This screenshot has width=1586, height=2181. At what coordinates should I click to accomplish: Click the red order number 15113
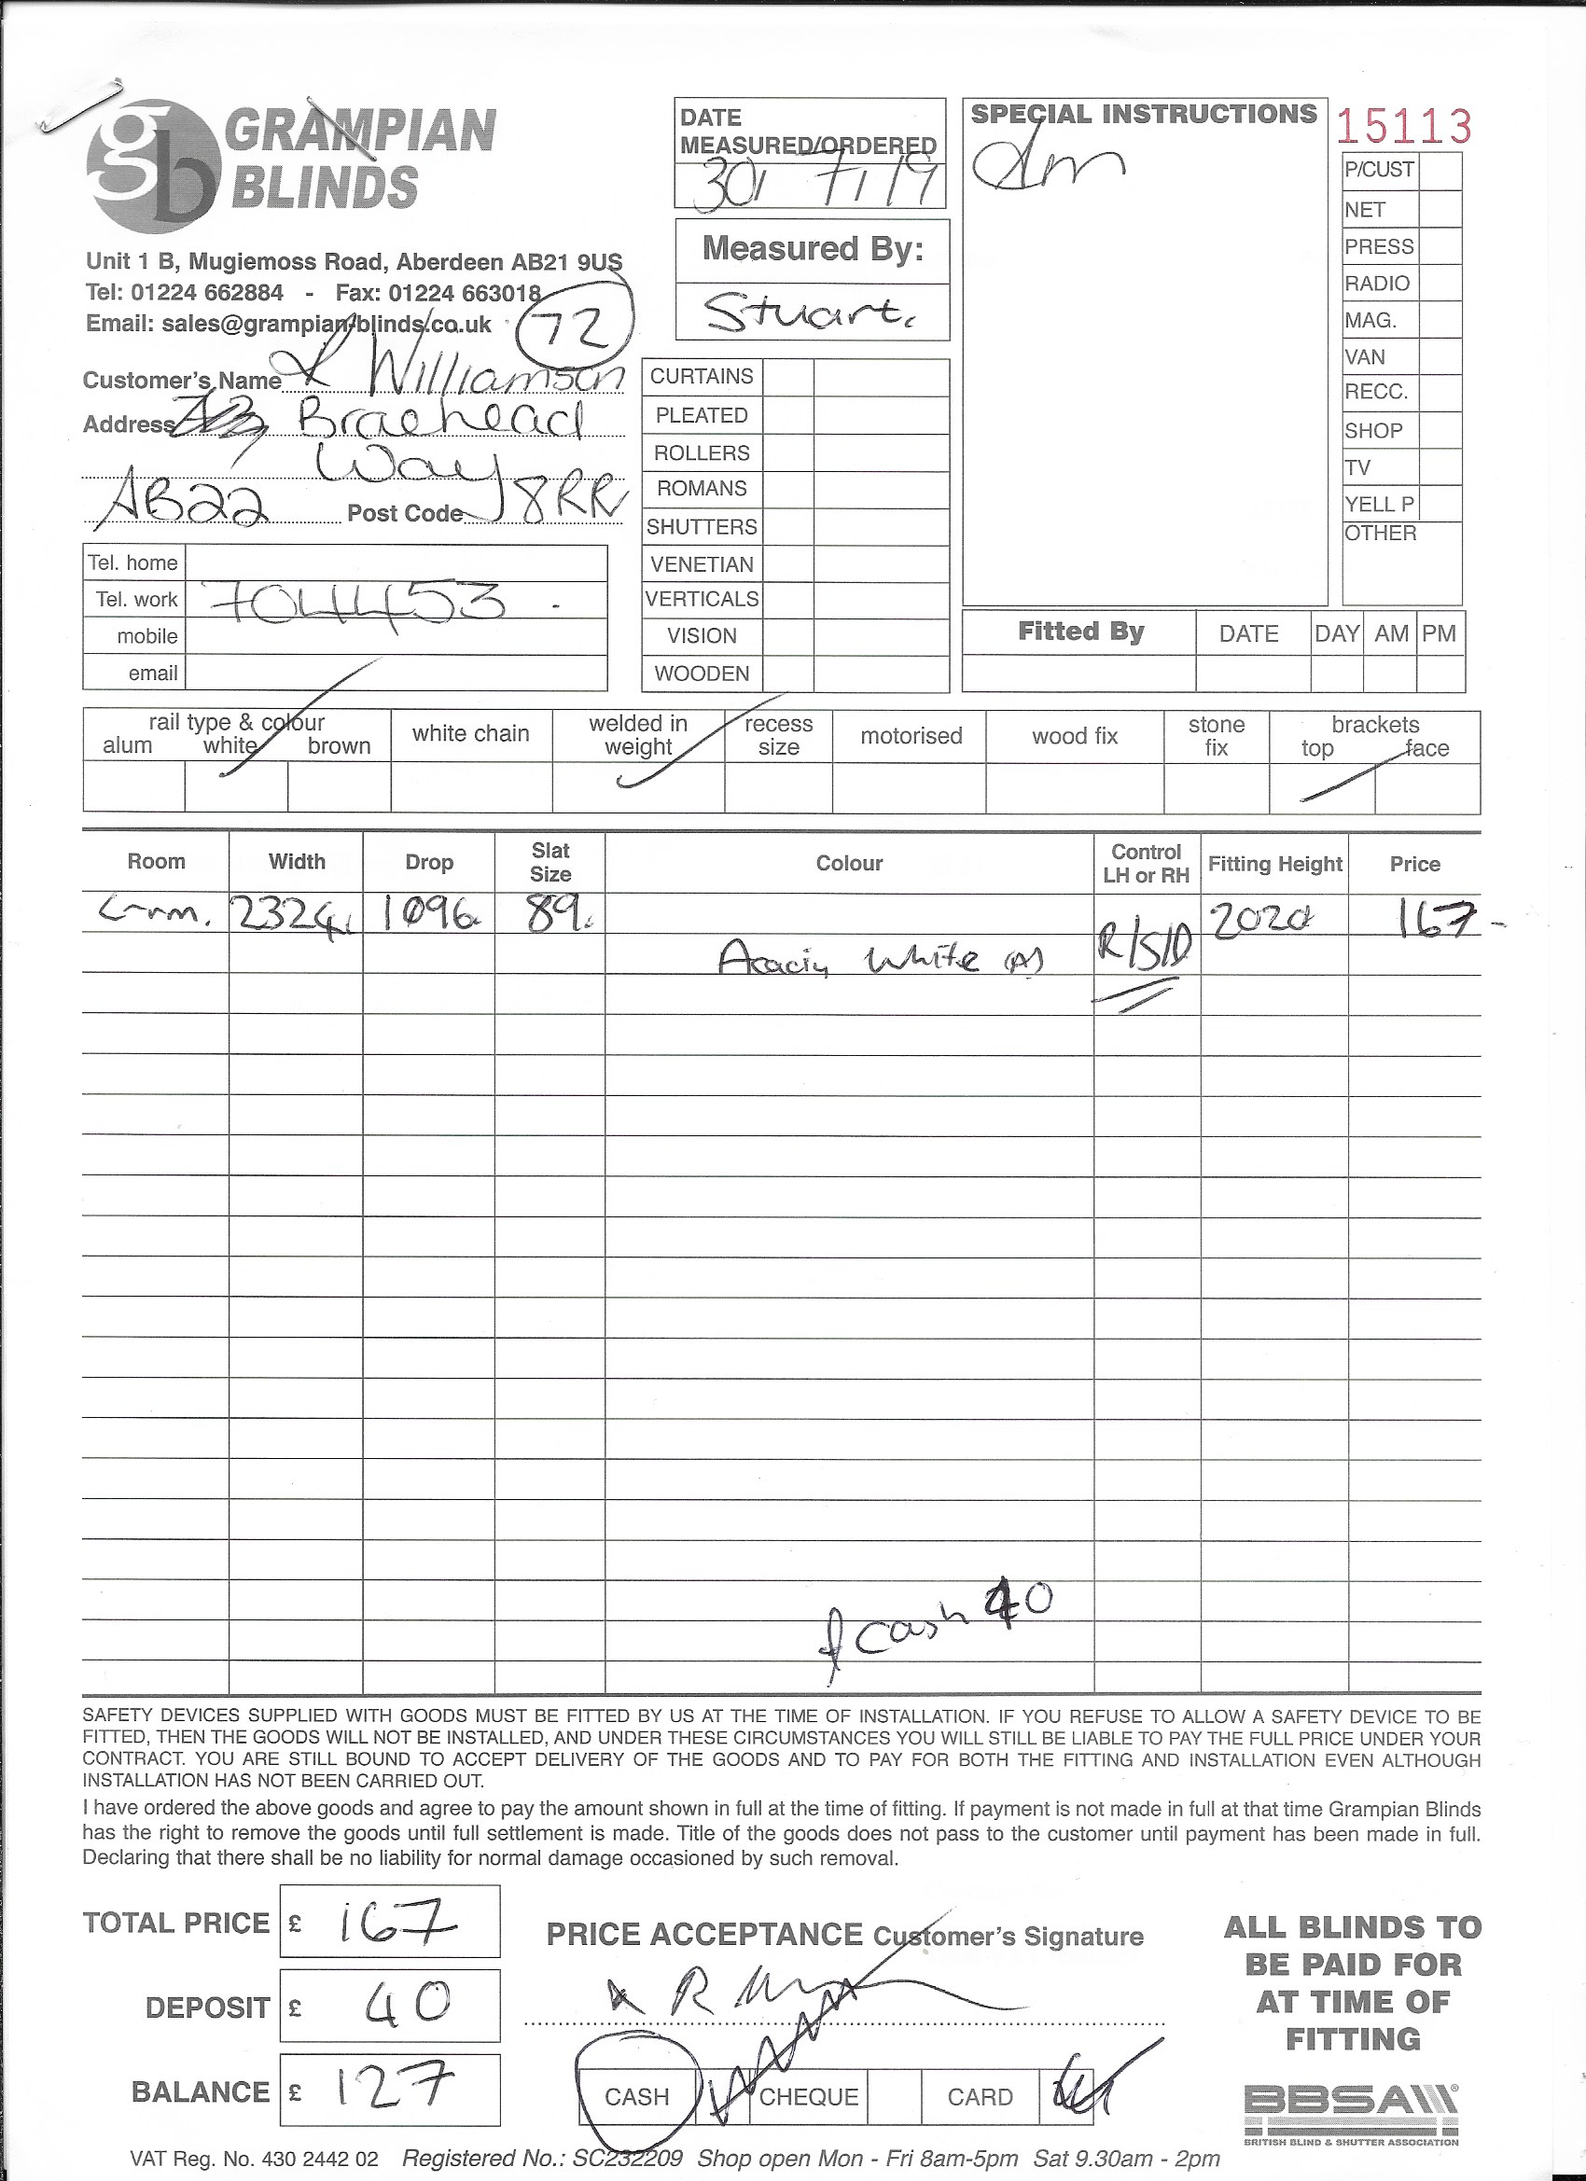point(1403,127)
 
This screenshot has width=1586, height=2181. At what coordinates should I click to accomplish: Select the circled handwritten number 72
point(575,329)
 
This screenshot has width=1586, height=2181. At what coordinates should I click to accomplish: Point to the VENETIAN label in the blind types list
point(702,564)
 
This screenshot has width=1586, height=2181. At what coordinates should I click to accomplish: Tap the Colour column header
point(849,864)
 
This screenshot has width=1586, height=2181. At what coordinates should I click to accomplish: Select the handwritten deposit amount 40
point(408,2004)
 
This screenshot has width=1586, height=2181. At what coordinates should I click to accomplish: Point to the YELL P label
point(1379,504)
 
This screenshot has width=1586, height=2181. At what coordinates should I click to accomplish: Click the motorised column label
point(911,737)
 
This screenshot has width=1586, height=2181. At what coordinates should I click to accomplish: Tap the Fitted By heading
point(1080,632)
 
